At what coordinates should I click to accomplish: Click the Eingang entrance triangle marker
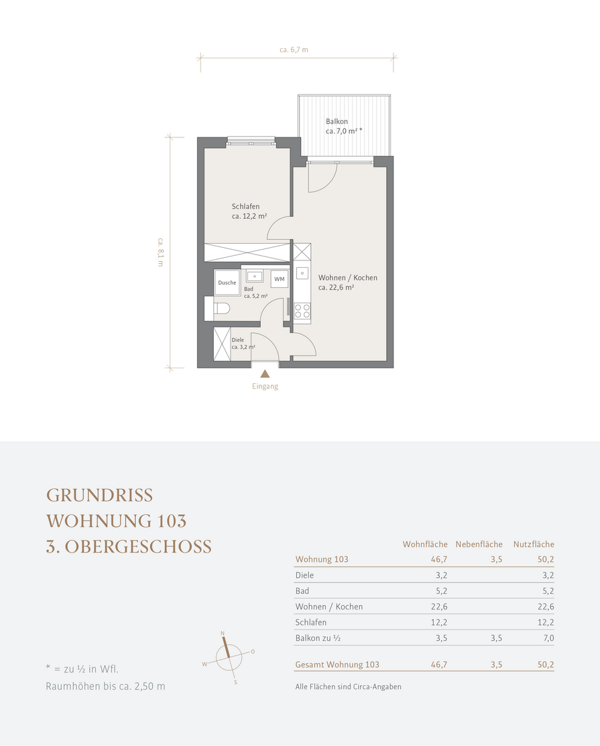click(x=265, y=374)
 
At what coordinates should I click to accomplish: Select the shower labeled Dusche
click(x=227, y=283)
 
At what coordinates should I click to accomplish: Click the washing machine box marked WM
click(x=280, y=279)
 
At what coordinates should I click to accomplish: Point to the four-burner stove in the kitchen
click(x=302, y=311)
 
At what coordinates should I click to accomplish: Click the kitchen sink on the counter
click(x=302, y=274)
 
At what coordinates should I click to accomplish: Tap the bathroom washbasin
click(x=255, y=276)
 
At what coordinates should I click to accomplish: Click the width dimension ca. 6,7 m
click(x=294, y=50)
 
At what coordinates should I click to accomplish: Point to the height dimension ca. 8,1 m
click(x=160, y=252)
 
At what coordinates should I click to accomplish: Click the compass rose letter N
click(x=223, y=633)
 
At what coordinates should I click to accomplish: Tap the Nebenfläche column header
click(x=479, y=544)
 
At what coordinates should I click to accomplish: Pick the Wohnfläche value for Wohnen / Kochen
click(x=439, y=607)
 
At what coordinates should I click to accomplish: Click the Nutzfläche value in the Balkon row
click(x=548, y=638)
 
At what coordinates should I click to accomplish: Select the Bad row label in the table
click(x=302, y=591)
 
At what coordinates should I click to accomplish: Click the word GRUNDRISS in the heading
click(x=99, y=496)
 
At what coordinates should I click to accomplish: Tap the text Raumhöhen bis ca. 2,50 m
click(x=105, y=686)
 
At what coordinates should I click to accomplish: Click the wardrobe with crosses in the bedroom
click(x=247, y=252)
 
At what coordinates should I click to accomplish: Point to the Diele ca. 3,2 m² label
click(x=243, y=344)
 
